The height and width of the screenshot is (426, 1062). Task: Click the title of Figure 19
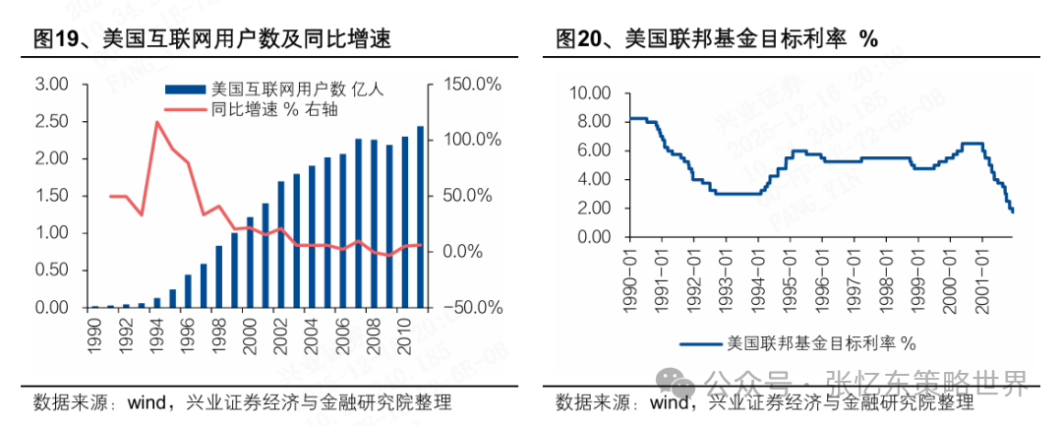tap(211, 39)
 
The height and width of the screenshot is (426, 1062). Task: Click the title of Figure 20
tap(716, 39)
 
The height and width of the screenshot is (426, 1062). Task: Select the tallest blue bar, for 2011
tap(421, 216)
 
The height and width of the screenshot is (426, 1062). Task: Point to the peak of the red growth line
tap(156, 122)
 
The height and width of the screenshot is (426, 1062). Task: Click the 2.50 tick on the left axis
tap(50, 122)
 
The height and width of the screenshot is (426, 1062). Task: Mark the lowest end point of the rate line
tap(1013, 212)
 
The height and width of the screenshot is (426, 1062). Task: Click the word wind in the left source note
tap(147, 402)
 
